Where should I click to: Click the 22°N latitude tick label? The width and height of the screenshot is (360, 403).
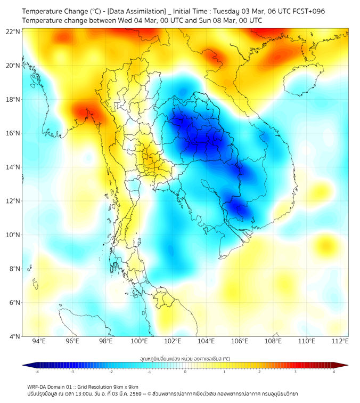pos(13,31)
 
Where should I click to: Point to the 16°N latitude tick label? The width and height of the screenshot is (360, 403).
pos(13,133)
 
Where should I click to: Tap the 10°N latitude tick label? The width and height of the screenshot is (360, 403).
pos(13,235)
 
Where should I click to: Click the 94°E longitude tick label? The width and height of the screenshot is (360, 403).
pos(39,341)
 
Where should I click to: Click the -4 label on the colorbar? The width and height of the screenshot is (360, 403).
pos(36,372)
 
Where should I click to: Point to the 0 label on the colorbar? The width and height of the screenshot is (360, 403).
pos(185,372)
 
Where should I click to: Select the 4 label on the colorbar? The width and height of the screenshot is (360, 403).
pos(334,372)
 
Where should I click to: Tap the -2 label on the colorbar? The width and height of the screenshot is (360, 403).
pos(110,372)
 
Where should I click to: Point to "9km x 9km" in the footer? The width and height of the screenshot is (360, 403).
pos(126,386)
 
